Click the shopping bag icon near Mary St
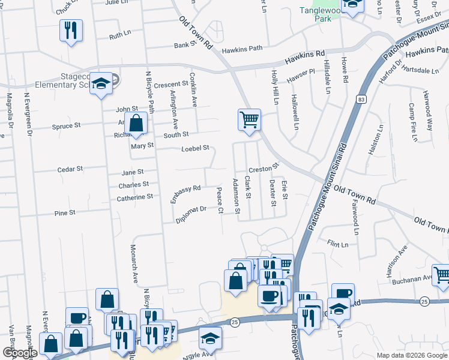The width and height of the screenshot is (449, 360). pyautogui.click(x=136, y=124)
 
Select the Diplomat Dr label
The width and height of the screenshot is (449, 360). pyautogui.click(x=191, y=214)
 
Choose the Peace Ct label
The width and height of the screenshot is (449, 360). pyautogui.click(x=220, y=201)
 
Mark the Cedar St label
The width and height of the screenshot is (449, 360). pyautogui.click(x=70, y=169)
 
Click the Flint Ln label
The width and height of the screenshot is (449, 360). pyautogui.click(x=337, y=245)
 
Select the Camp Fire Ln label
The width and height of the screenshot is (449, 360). pyautogui.click(x=412, y=122)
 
